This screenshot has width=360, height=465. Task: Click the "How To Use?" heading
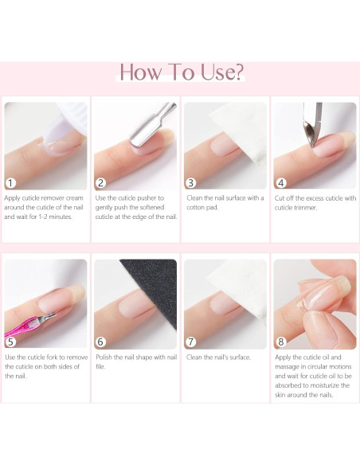182,72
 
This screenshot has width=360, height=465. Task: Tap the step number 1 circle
10,182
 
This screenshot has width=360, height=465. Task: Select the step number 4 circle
281,182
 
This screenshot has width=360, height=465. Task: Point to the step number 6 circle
100,342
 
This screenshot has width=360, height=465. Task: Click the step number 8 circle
281,342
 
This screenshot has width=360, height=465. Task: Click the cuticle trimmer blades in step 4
311,131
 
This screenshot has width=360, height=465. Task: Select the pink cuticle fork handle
22,328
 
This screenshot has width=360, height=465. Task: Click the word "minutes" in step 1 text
61,217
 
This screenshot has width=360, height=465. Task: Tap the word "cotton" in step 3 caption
196,208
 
